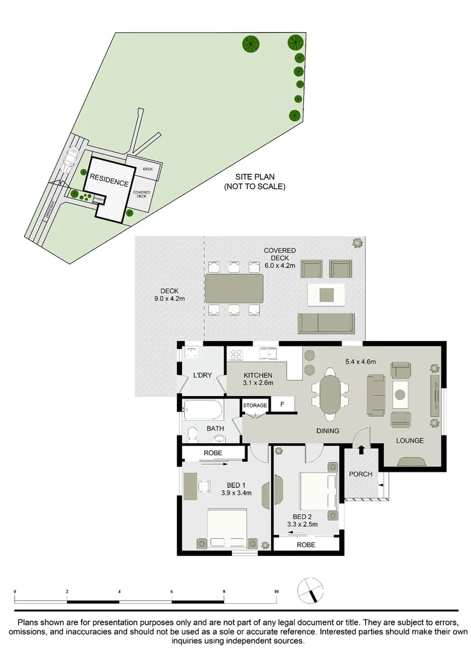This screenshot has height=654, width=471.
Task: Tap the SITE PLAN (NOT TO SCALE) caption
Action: (x=254, y=182)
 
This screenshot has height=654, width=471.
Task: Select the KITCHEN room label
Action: (x=259, y=379)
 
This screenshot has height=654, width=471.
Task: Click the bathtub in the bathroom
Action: (x=203, y=410)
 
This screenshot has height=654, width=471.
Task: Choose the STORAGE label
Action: (x=255, y=405)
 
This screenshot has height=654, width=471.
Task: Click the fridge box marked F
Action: (x=282, y=404)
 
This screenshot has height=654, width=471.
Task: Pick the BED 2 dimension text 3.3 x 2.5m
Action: (x=302, y=524)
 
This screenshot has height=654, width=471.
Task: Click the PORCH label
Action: (x=361, y=474)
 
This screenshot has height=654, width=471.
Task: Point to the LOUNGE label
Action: (x=410, y=440)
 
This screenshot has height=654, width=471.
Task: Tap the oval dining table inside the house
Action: (x=331, y=397)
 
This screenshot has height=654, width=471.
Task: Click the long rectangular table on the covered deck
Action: (x=234, y=289)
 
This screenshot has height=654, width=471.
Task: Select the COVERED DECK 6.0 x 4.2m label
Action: (x=279, y=258)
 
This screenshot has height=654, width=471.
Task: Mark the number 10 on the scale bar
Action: (x=276, y=591)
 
